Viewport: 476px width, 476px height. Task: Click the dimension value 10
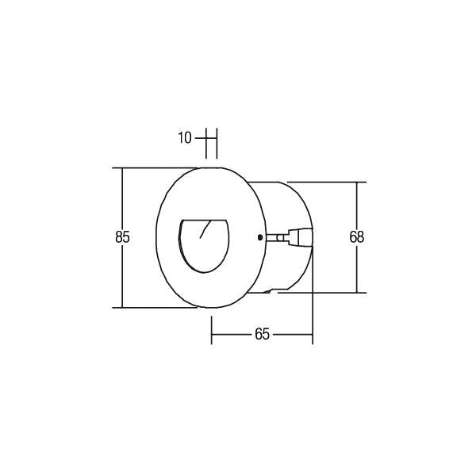tap(184, 138)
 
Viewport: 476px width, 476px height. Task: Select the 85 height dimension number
tap(121, 236)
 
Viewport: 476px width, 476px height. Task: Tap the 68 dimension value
tap(357, 236)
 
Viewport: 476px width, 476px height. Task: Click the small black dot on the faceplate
tap(261, 236)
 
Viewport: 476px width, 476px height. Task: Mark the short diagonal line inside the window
tap(205, 230)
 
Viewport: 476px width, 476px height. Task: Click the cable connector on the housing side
tap(301, 236)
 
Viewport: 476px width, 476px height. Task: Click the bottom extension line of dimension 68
tap(325, 293)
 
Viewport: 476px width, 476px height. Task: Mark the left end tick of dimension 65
tap(211, 330)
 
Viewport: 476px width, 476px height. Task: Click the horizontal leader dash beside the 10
tap(199, 138)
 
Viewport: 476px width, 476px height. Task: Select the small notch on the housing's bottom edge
tap(274, 292)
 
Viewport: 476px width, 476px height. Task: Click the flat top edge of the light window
tap(202, 219)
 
